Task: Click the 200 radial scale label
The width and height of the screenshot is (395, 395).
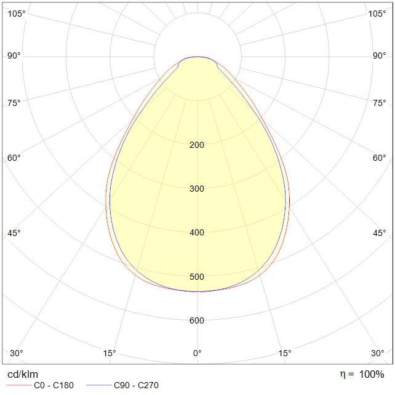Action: [197, 145]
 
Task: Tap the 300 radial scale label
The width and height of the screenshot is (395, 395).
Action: [197, 189]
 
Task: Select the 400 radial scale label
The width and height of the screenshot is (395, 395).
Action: [197, 232]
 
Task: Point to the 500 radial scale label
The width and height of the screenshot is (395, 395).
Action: [197, 277]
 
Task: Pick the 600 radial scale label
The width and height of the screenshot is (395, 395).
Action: [197, 320]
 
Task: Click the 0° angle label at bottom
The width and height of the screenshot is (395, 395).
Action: [197, 353]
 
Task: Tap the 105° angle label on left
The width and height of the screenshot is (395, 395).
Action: [17, 14]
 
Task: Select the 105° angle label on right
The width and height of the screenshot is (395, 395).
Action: [377, 14]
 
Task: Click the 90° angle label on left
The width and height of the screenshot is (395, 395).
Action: [14, 55]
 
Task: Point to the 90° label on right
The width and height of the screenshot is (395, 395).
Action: [380, 55]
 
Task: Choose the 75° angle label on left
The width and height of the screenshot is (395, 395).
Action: [14, 103]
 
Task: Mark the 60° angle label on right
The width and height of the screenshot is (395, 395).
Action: [380, 158]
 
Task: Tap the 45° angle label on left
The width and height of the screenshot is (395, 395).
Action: [14, 233]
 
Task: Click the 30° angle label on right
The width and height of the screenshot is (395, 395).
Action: [378, 353]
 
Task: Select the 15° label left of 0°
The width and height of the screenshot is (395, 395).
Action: [110, 353]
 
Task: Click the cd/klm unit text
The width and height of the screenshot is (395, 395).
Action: [23, 375]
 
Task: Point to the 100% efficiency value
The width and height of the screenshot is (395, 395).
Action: [372, 374]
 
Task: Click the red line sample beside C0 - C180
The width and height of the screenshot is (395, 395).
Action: [18, 385]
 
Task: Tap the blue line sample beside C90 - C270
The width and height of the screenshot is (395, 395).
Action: [98, 385]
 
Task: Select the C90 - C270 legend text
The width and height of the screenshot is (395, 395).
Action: [136, 385]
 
